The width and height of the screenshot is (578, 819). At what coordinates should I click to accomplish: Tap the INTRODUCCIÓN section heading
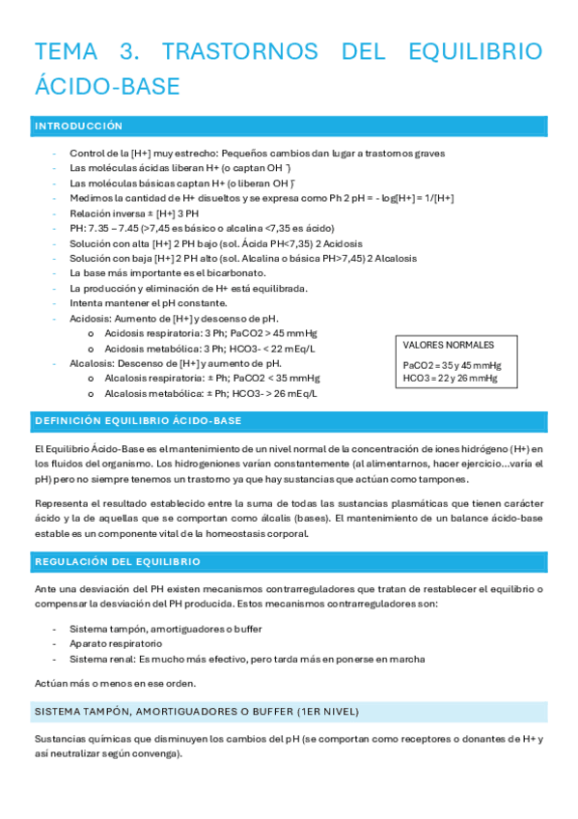coord(79,127)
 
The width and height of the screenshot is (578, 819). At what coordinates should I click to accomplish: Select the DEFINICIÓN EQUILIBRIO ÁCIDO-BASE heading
coord(138,421)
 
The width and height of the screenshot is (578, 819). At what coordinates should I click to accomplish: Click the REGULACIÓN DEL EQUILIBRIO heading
coord(117,561)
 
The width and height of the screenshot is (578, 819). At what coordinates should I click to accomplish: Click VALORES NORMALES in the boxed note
coord(448,345)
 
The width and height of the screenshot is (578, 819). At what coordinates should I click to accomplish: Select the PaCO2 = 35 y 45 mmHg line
coord(452,366)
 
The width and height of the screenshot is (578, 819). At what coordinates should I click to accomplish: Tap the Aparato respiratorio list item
coord(115,643)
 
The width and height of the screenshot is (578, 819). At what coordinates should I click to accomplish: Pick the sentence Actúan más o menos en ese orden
coord(116,683)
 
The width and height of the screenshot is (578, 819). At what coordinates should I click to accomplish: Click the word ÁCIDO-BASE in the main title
coord(107,86)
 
